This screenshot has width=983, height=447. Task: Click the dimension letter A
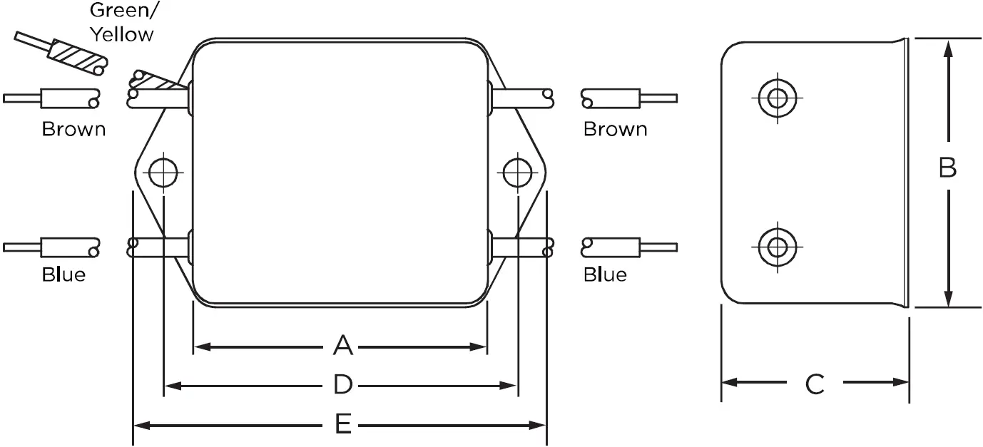[x=343, y=346]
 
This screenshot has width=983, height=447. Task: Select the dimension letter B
[x=947, y=168]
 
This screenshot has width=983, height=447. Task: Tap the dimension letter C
[x=815, y=384]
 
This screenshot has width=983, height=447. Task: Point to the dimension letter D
[x=343, y=386]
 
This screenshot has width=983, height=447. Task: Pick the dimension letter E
[x=343, y=426]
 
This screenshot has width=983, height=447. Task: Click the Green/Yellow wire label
[x=121, y=23]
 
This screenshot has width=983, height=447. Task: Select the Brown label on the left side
[x=73, y=130]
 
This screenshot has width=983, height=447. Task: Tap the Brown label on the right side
[x=616, y=130]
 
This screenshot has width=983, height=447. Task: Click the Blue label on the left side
[x=63, y=274]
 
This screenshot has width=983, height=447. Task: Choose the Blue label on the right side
[x=605, y=274]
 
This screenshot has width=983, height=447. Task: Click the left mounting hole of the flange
[x=163, y=172]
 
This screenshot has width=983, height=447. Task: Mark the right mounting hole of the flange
[x=517, y=172]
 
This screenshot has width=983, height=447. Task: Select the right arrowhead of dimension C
[x=902, y=383]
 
